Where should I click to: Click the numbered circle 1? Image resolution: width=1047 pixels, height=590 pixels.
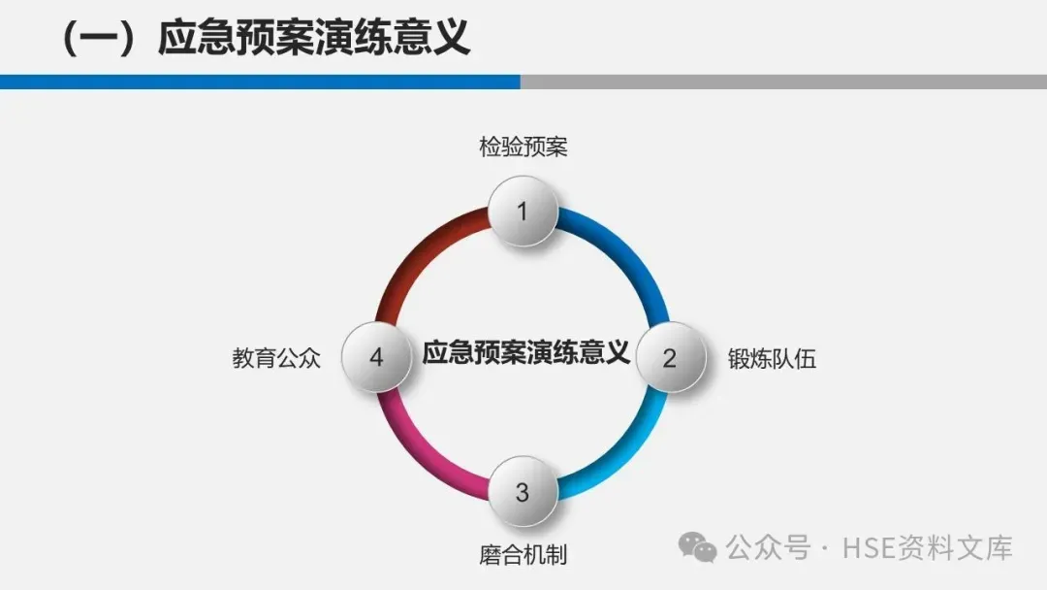click(x=523, y=212)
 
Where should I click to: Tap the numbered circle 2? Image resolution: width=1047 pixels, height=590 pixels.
click(x=669, y=357)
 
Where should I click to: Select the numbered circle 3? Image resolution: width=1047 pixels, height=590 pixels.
click(x=523, y=492)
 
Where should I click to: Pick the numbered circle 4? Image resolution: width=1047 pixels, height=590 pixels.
click(x=376, y=357)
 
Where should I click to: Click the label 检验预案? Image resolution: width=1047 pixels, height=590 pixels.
click(x=523, y=147)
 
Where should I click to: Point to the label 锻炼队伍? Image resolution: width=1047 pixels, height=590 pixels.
click(x=772, y=358)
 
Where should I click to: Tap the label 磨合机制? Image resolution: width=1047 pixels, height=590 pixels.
click(x=523, y=555)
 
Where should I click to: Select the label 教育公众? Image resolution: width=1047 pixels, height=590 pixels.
click(x=276, y=358)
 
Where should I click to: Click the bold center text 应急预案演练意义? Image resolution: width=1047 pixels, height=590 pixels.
click(x=525, y=351)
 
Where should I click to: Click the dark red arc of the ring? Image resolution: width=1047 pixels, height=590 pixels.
click(x=412, y=252)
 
